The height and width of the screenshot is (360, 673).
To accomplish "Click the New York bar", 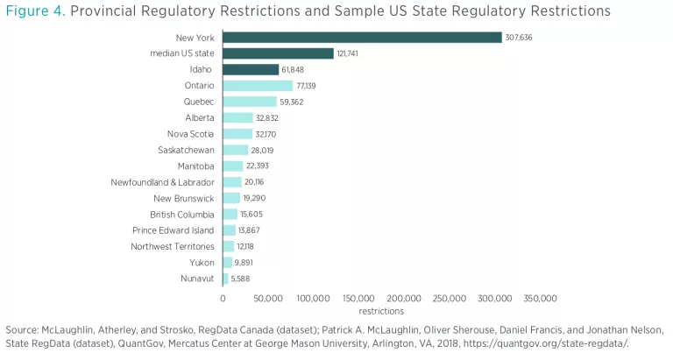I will point(362,37).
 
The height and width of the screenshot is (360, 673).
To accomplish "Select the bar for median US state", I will point(278,53).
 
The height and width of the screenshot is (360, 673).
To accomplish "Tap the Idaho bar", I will point(251,69).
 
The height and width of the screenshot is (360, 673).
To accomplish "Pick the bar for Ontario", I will point(258,86).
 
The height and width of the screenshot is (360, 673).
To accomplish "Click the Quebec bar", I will point(250,102).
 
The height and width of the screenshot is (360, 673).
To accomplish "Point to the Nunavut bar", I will point(225,279).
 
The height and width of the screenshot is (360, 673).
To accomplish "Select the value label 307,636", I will point(519,38).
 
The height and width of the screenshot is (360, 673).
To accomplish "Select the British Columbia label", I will point(181,214).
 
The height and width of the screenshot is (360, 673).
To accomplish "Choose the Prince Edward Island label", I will point(174,229).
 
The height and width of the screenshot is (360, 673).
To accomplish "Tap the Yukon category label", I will point(202,262).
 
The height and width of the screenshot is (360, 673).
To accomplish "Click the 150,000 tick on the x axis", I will point(359,298).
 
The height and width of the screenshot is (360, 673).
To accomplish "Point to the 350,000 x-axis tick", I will point(541,298).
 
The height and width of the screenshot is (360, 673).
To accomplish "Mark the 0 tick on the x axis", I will point(223,298).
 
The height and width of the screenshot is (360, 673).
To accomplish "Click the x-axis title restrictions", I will point(381,311).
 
